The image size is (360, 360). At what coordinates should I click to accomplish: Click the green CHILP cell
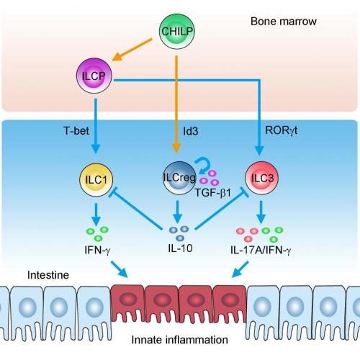pos(176,31)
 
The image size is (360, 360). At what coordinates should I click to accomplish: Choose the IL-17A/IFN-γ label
pos(264,249)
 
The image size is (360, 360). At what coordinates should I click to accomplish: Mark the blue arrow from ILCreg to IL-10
pos(176,210)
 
